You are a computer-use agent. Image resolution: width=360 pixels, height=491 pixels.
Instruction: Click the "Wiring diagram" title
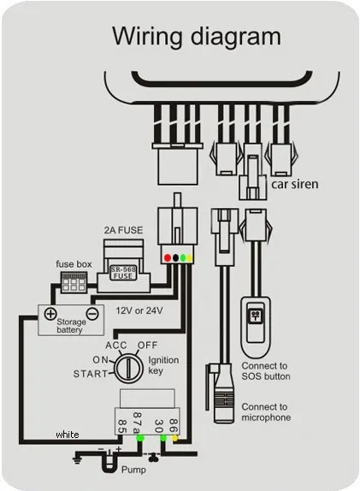198,37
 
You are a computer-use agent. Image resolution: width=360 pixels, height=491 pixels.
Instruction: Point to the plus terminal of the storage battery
50,314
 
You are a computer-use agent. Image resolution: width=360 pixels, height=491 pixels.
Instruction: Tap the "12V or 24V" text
139,310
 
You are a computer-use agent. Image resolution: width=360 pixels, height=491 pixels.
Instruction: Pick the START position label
91,374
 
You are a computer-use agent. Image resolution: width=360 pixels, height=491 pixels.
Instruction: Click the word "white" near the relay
67,435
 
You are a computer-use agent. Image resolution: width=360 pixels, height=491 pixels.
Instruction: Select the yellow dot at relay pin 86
175,438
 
